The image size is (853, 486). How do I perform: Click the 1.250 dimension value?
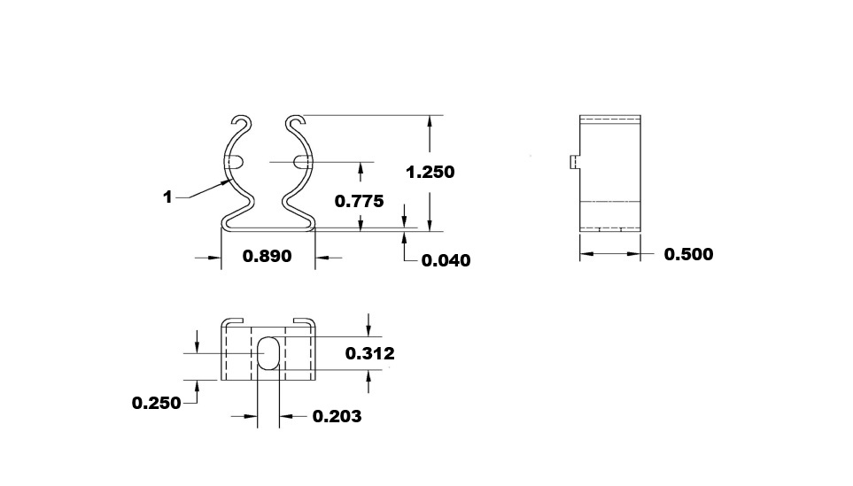coord(430,172)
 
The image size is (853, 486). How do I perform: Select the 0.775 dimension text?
coord(359,201)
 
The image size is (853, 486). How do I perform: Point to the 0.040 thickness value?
coord(446,260)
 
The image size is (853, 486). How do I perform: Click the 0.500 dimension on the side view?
coord(688,254)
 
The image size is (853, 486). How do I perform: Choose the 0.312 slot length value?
coord(369,353)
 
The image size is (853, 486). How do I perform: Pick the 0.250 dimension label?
coord(156,403)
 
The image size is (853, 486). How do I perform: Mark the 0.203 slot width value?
coord(337,416)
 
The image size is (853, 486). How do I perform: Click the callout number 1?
coord(167,197)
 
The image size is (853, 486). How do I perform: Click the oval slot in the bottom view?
coord(270,353)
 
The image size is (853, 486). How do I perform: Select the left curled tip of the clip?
coord(239,120)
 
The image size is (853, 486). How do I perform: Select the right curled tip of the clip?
coord(296,120)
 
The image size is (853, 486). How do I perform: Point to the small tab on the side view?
coord(574,161)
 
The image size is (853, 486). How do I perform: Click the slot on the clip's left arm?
coord(237,162)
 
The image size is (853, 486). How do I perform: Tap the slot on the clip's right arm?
coord(301,162)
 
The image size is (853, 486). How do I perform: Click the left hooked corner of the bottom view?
coord(233,320)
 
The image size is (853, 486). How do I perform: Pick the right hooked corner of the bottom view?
coord(304,320)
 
